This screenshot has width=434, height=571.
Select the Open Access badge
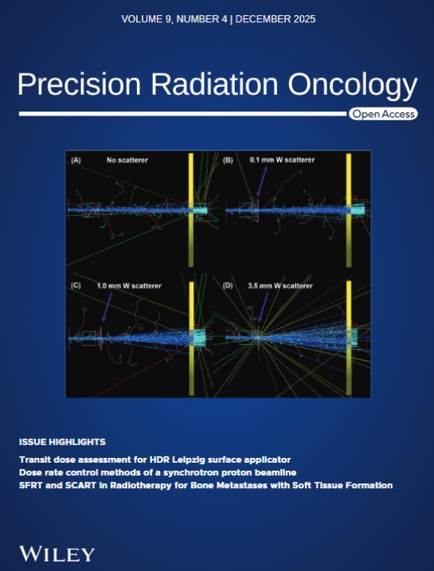tap(383, 115)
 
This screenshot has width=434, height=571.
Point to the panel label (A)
tap(76, 160)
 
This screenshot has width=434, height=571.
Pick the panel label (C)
tap(77, 285)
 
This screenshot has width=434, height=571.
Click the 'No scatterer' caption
tap(128, 160)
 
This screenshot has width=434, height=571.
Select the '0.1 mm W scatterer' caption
tap(280, 160)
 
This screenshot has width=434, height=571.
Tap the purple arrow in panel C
tap(107, 307)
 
